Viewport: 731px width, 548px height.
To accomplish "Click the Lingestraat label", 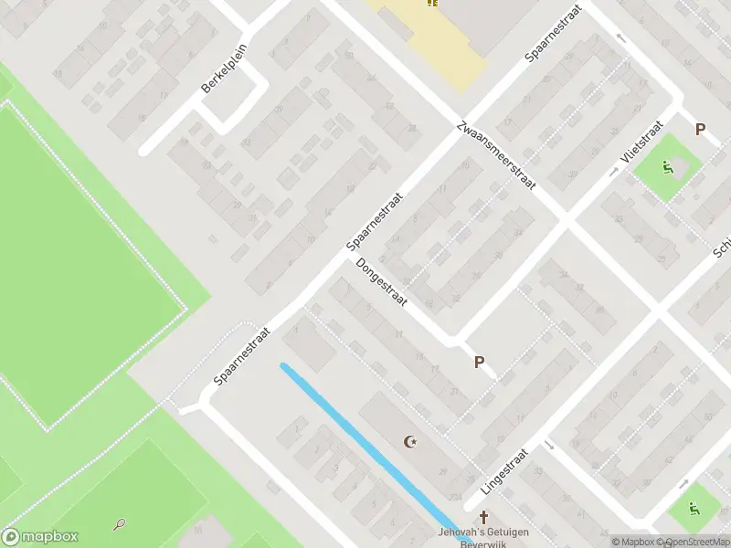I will (x=505, y=471).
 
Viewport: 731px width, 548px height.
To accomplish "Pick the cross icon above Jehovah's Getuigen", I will (x=483, y=518).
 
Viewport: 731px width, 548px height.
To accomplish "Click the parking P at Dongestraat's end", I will (x=478, y=363).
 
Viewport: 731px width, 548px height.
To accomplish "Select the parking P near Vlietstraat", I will (x=701, y=130).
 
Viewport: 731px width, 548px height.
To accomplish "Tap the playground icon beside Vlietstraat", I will (x=668, y=168).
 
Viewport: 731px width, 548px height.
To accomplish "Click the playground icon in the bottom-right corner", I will (x=694, y=509).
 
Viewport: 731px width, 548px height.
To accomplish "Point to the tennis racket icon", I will (x=119, y=524).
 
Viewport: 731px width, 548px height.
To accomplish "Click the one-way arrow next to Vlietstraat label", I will (x=614, y=171).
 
